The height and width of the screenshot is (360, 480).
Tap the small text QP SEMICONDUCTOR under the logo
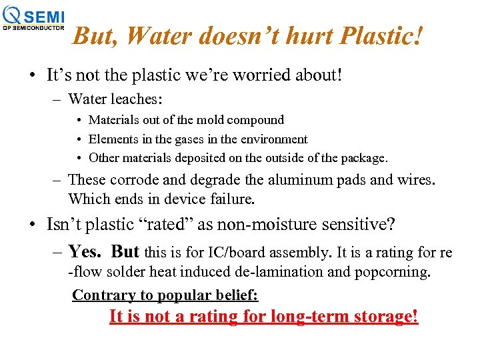[x=33, y=28]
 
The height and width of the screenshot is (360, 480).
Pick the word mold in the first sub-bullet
[x=209, y=120]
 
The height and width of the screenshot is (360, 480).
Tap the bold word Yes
[x=84, y=251]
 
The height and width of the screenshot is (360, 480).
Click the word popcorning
[x=394, y=271]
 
